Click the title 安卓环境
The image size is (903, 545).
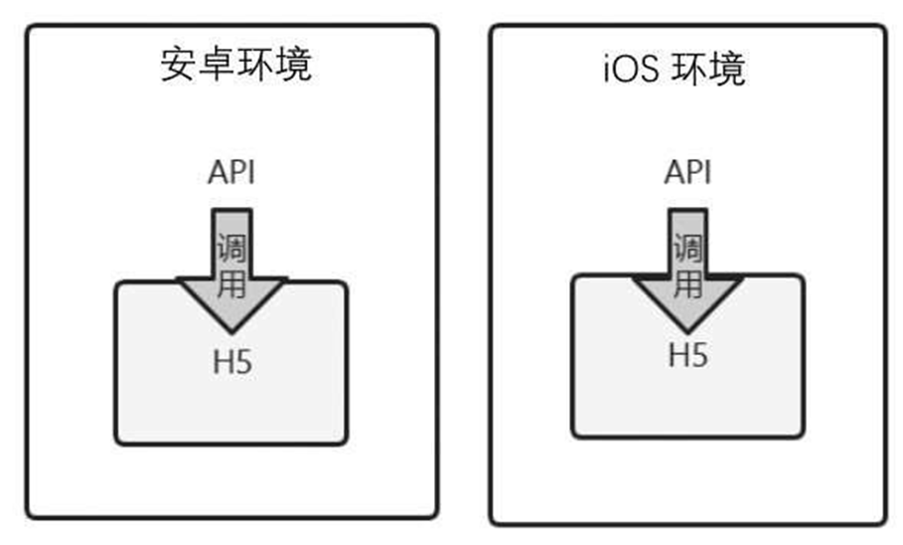tap(234, 65)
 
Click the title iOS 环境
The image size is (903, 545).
tap(675, 69)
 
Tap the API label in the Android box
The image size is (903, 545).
tap(231, 172)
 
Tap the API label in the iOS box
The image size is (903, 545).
tap(687, 172)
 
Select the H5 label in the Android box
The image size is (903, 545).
tap(231, 360)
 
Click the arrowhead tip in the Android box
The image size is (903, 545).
tap(231, 329)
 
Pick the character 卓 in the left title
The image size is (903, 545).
tap(216, 65)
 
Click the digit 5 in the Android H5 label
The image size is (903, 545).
tap(243, 360)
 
